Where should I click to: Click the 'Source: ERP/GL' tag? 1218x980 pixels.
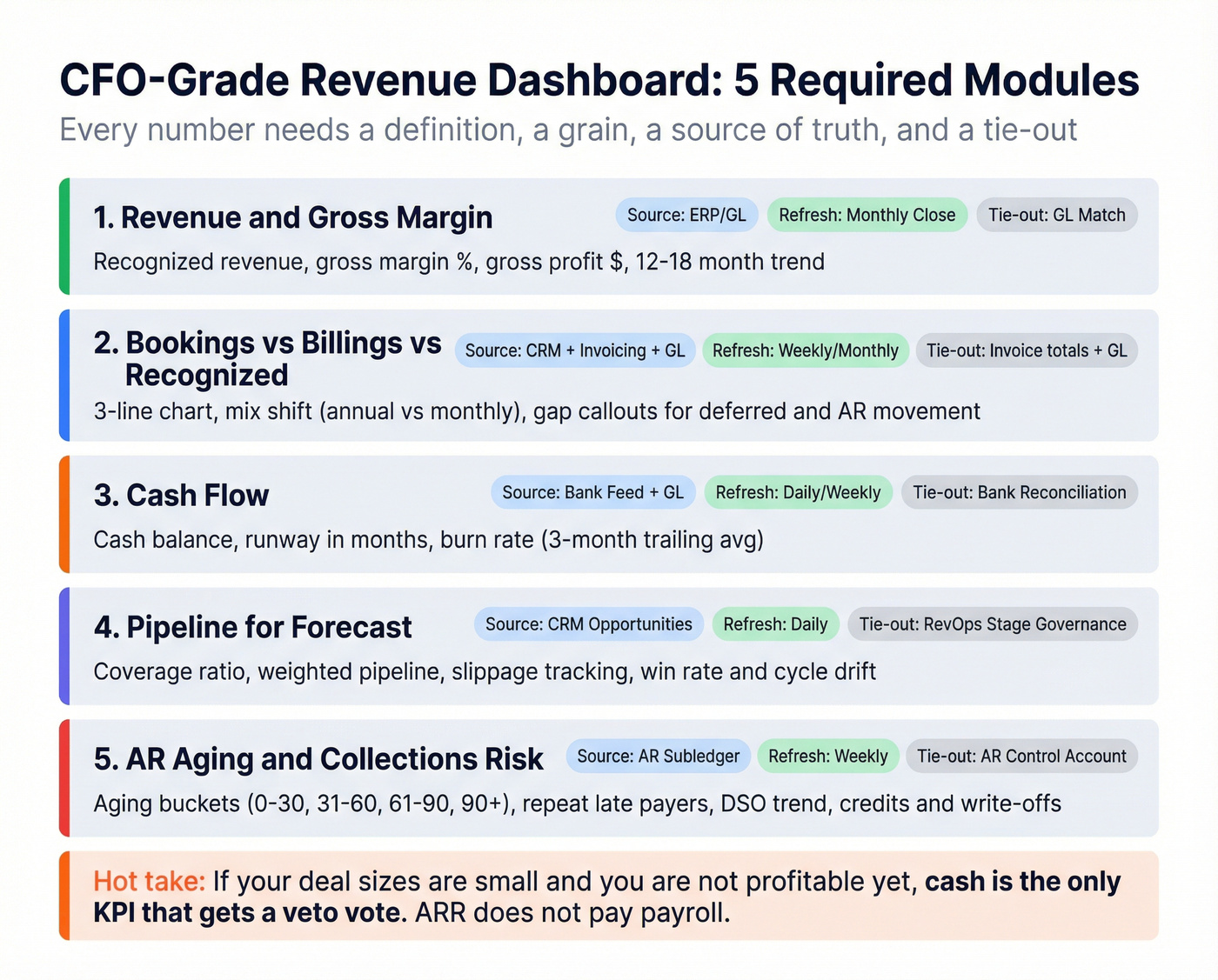tap(686, 215)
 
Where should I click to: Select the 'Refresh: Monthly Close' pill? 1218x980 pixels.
tap(867, 215)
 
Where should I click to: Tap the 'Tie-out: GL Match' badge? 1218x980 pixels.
tap(1056, 215)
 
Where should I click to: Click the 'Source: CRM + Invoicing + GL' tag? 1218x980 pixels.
tap(574, 350)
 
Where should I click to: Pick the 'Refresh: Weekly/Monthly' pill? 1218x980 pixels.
tap(805, 350)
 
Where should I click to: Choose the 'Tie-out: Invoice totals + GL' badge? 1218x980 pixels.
tap(1026, 350)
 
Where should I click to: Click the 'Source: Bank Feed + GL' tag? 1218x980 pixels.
tap(592, 492)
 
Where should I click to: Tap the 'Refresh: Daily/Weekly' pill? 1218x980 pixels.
tap(798, 492)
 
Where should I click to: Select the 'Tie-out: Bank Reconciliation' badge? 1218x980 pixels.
tap(1019, 492)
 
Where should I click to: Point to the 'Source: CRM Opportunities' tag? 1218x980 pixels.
tap(588, 624)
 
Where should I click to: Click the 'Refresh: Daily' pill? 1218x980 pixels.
tap(775, 624)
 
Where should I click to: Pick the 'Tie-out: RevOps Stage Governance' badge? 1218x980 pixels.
tap(992, 624)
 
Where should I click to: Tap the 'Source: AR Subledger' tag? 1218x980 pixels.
tap(658, 757)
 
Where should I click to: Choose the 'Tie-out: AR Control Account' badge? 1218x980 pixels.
tap(1021, 757)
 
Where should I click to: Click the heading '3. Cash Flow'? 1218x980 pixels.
tap(181, 496)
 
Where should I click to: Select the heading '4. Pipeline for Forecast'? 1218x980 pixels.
tap(252, 627)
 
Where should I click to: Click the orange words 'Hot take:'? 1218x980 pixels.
tap(149, 882)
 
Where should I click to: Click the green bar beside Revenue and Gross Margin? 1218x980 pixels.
tap(64, 236)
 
